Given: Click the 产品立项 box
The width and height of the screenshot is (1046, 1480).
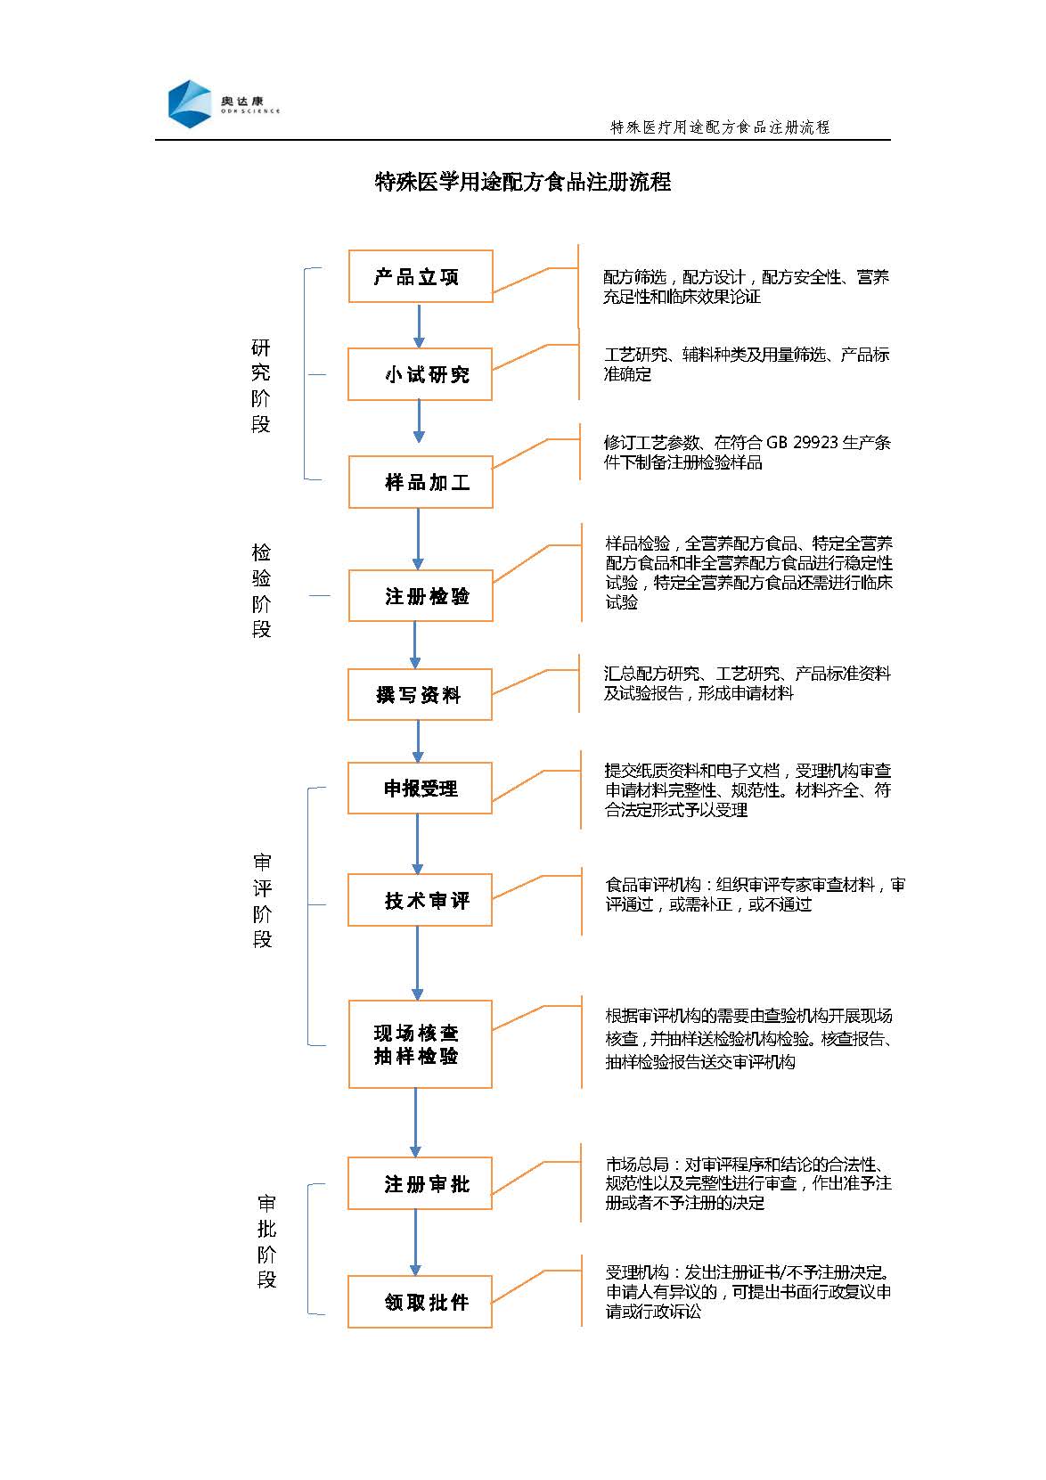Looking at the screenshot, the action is tap(421, 276).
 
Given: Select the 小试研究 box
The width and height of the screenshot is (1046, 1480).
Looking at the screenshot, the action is tap(421, 374).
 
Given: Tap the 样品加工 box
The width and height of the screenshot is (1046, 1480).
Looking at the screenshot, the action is tap(421, 482).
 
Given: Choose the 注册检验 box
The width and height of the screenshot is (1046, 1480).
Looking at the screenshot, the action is tap(421, 595).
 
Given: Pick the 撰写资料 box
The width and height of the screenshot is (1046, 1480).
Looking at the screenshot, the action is tap(421, 694).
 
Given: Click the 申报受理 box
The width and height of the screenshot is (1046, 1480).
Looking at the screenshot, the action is tap(421, 788).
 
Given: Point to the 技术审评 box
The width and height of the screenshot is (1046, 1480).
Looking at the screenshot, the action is tap(421, 899).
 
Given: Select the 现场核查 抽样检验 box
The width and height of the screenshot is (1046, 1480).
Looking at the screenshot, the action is tap(421, 1044).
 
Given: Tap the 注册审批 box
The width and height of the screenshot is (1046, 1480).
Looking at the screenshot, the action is tap(421, 1182).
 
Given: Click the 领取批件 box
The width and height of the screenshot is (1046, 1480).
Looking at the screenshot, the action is tap(421, 1301).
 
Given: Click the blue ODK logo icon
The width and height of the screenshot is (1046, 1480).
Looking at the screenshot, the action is tap(190, 103).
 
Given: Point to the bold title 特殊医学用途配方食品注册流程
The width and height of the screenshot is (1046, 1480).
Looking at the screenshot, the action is tap(523, 181).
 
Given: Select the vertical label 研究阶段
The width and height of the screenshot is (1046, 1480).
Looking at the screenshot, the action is tap(260, 386).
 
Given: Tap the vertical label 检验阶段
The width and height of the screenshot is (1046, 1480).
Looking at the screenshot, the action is tap(261, 591).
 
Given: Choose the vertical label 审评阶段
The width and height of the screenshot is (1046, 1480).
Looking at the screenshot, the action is tap(262, 901).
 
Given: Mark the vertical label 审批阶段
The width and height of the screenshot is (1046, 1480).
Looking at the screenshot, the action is tap(266, 1241).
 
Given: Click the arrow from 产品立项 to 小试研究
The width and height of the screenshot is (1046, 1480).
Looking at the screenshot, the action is tap(419, 325).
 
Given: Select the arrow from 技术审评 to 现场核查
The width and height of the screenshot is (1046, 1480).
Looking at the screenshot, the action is tap(418, 962).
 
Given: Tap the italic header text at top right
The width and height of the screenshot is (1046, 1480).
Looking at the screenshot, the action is tap(720, 127).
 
